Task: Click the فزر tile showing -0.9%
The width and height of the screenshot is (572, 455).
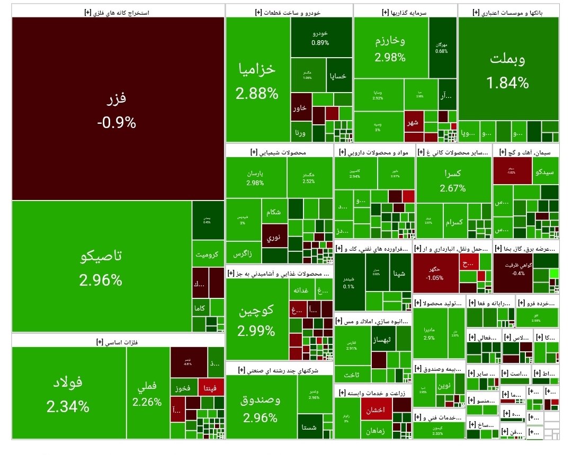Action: [x=117, y=109]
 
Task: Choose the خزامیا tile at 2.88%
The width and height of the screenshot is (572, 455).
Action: [x=257, y=79]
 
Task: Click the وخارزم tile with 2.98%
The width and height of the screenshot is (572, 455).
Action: [x=390, y=48]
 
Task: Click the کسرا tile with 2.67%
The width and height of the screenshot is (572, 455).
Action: [x=453, y=180]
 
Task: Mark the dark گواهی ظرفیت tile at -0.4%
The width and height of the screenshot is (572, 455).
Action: [x=512, y=273]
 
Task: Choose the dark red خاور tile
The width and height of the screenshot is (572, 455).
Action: [x=300, y=107]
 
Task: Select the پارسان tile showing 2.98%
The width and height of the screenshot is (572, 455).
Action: [x=256, y=177]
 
